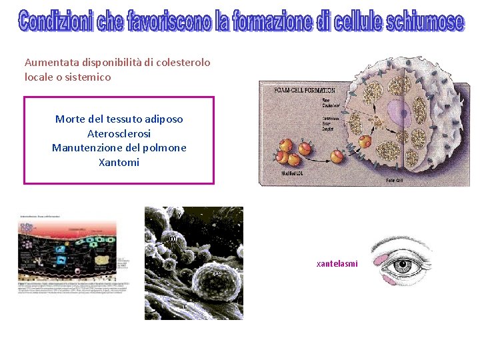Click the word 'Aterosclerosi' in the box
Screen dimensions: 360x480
[x=119, y=133]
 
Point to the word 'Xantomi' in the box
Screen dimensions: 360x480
[x=119, y=162]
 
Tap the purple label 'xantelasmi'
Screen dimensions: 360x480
[x=337, y=264]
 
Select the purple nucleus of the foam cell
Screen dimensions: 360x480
[x=401, y=111]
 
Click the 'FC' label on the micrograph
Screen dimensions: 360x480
[x=217, y=274]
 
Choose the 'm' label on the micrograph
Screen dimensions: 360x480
[x=173, y=238]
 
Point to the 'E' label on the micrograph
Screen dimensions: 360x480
[x=185, y=306]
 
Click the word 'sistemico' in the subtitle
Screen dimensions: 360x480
[x=89, y=77]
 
